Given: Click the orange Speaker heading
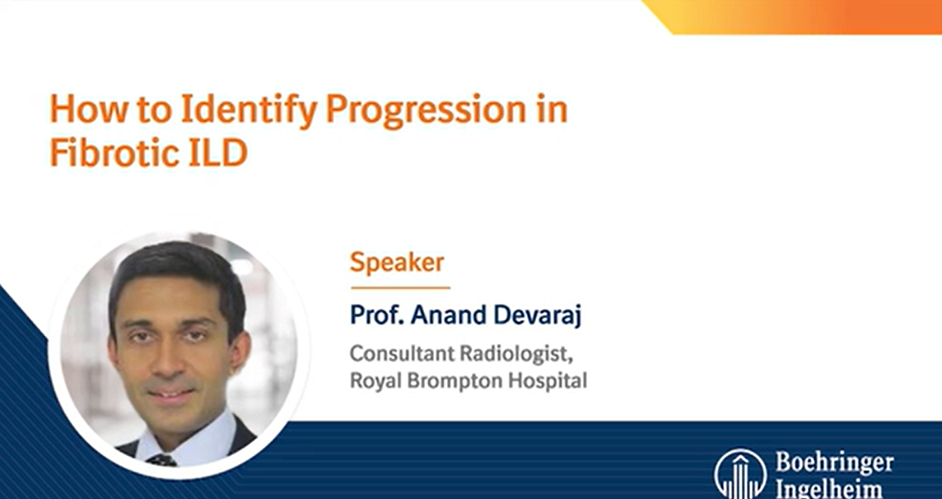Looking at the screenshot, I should coord(397,263).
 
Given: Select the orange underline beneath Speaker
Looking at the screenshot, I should coord(400,287).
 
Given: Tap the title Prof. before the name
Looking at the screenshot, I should coord(375,315).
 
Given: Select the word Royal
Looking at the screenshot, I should coord(373,381).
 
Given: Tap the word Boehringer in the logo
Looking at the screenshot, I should coord(833,464).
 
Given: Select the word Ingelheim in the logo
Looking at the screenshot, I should coord(828,489).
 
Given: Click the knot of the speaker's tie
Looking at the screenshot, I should coord(162,459).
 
